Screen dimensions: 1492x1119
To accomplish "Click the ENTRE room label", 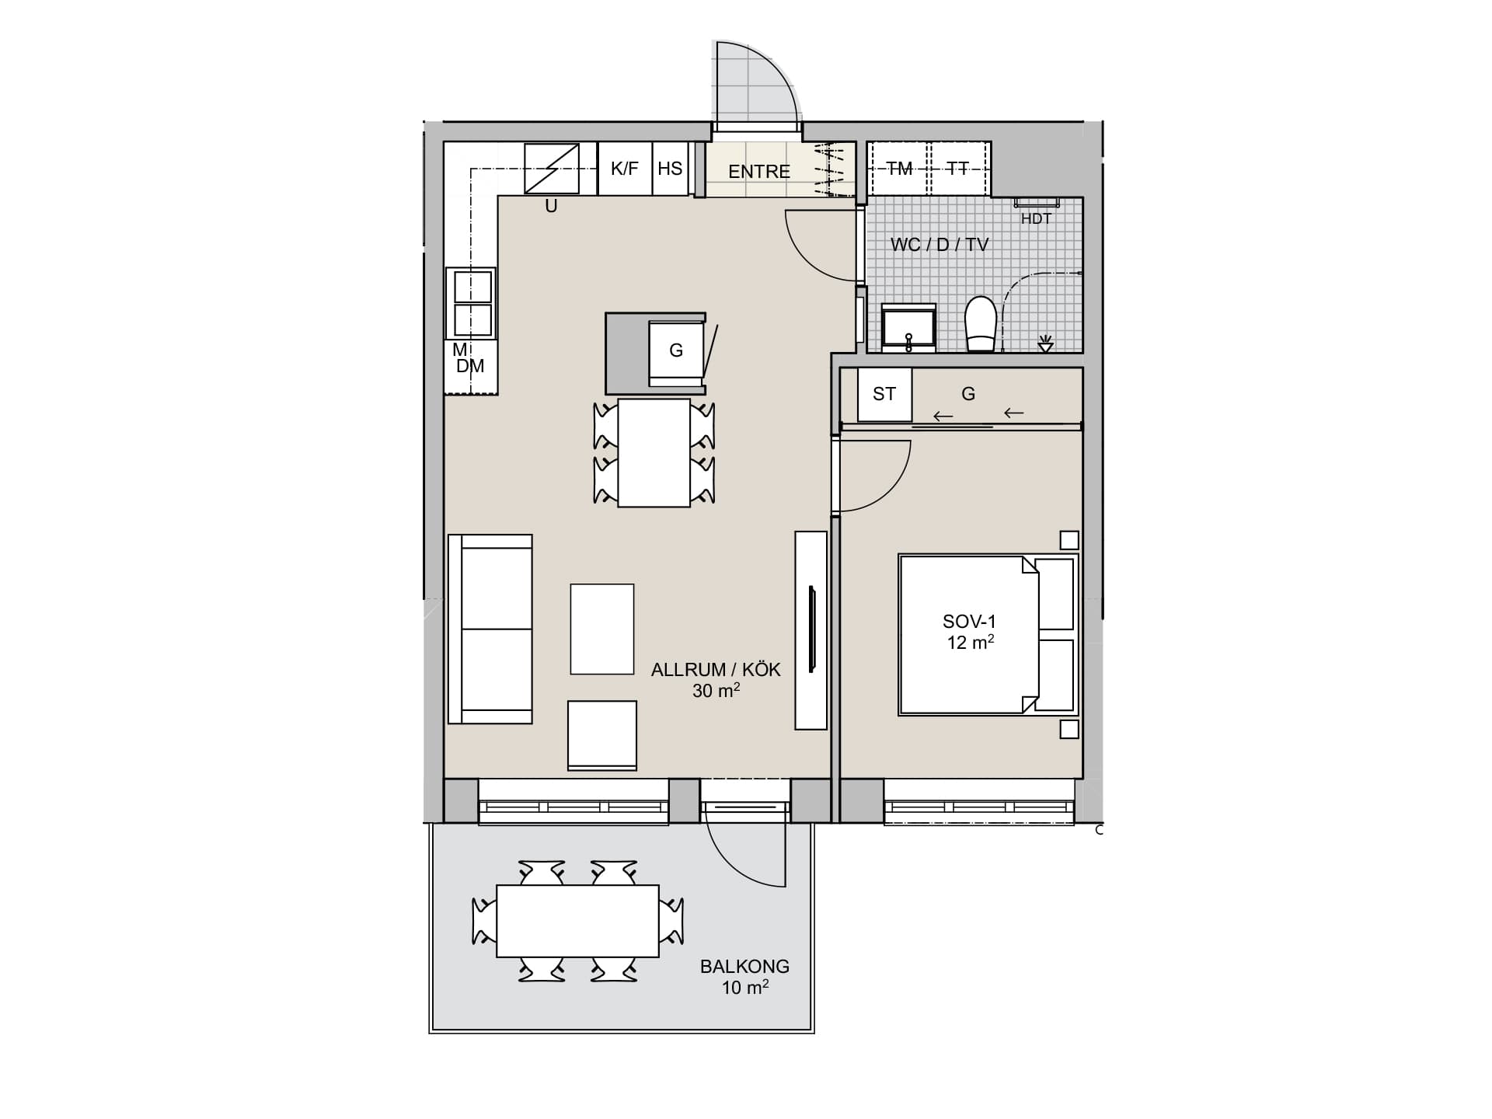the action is click(758, 171).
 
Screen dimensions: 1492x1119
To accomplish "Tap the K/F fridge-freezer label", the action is click(624, 168).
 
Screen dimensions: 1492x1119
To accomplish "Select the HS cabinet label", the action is click(670, 168).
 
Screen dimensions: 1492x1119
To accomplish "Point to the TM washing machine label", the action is click(899, 169).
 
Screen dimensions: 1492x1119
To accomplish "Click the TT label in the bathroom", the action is click(958, 169).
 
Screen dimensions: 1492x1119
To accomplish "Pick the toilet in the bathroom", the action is click(981, 324).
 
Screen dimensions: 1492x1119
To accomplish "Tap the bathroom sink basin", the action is click(908, 327).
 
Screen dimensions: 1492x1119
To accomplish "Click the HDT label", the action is click(1036, 218).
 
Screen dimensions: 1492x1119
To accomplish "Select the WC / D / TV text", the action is click(939, 245).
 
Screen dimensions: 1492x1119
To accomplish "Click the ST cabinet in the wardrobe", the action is click(884, 394).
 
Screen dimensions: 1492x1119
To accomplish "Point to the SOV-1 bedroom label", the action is click(969, 621).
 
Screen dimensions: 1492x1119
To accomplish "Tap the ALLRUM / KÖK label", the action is click(716, 670).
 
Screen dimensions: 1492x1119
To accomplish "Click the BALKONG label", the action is click(744, 967).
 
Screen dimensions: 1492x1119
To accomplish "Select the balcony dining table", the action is click(577, 921).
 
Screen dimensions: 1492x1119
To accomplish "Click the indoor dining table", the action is click(654, 453).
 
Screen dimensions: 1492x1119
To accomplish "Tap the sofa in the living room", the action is click(490, 629).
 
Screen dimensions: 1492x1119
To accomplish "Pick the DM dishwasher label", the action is click(470, 366).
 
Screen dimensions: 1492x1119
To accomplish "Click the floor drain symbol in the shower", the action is click(1045, 343).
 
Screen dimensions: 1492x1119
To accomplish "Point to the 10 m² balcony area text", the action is click(745, 987).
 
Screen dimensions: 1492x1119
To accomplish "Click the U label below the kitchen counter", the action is click(551, 207).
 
